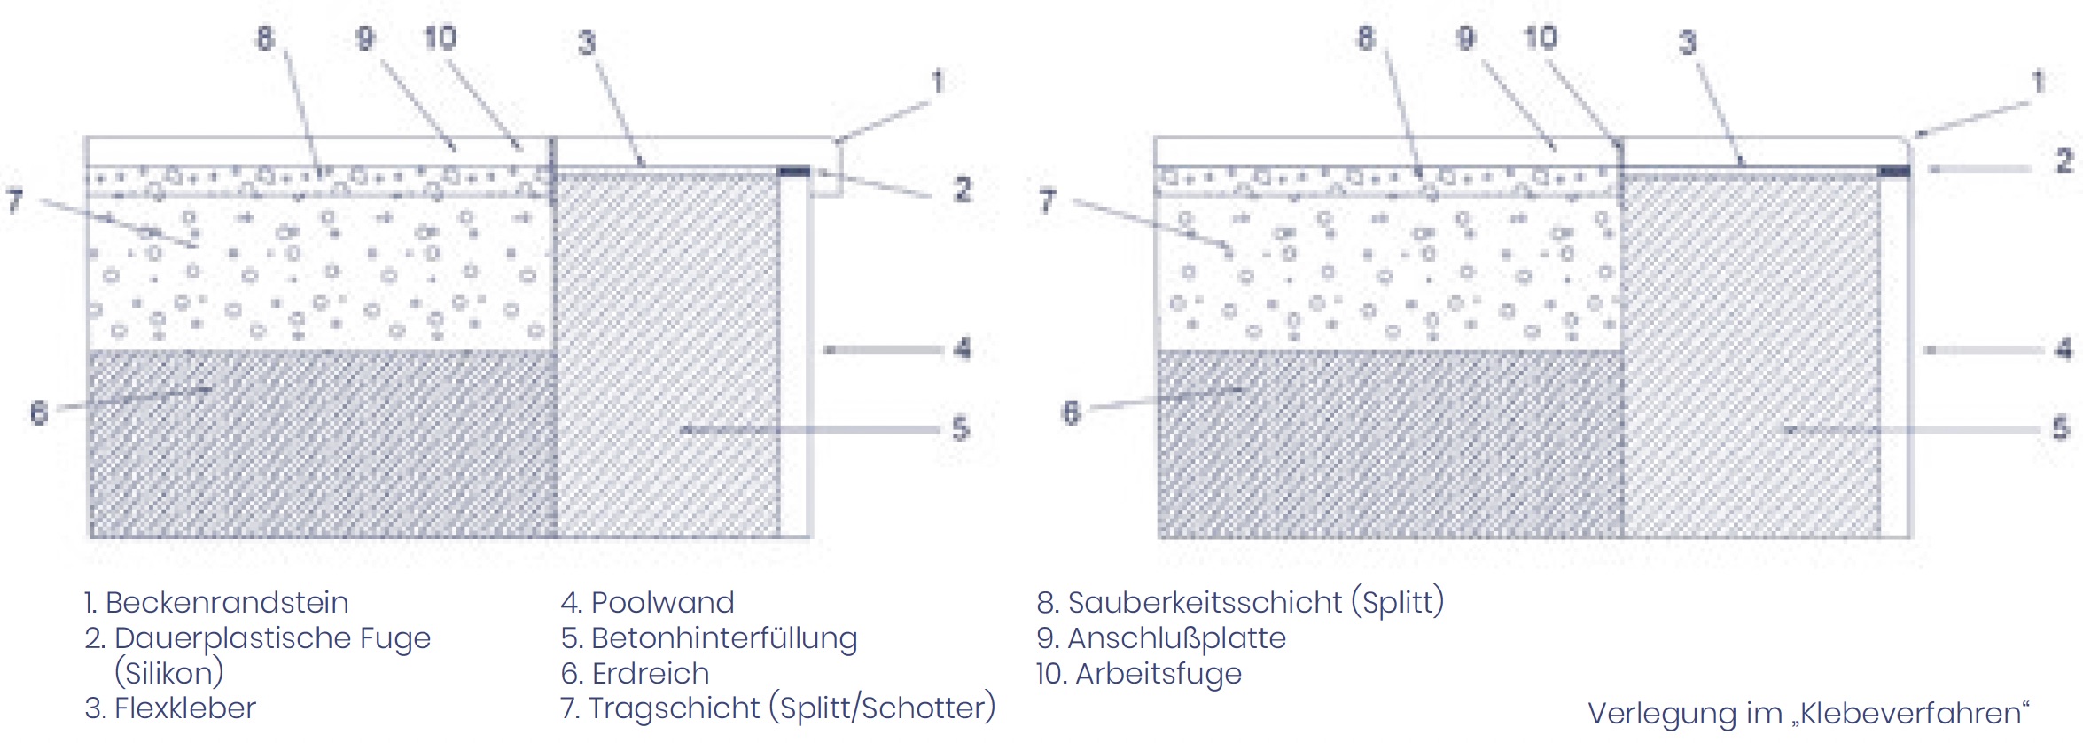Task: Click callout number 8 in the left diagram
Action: [265, 38]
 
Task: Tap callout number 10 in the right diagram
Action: [1541, 37]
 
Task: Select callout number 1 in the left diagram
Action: [938, 82]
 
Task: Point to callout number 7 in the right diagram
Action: [1048, 201]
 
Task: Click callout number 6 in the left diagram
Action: [39, 412]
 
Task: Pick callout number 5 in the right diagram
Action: [2061, 429]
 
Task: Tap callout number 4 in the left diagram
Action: [963, 348]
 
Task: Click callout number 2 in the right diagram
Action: [2064, 160]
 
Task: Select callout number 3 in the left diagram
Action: [587, 43]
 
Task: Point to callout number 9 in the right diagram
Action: [1466, 37]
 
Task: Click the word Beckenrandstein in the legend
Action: [227, 603]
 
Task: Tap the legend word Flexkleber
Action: [185, 708]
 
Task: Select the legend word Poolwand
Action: [663, 603]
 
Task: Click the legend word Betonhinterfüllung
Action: [724, 638]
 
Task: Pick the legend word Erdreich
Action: [651, 674]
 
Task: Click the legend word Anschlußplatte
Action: [1177, 638]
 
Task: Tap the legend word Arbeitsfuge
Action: [1159, 674]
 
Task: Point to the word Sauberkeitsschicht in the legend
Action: [1205, 603]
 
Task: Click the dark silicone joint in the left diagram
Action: [794, 171]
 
